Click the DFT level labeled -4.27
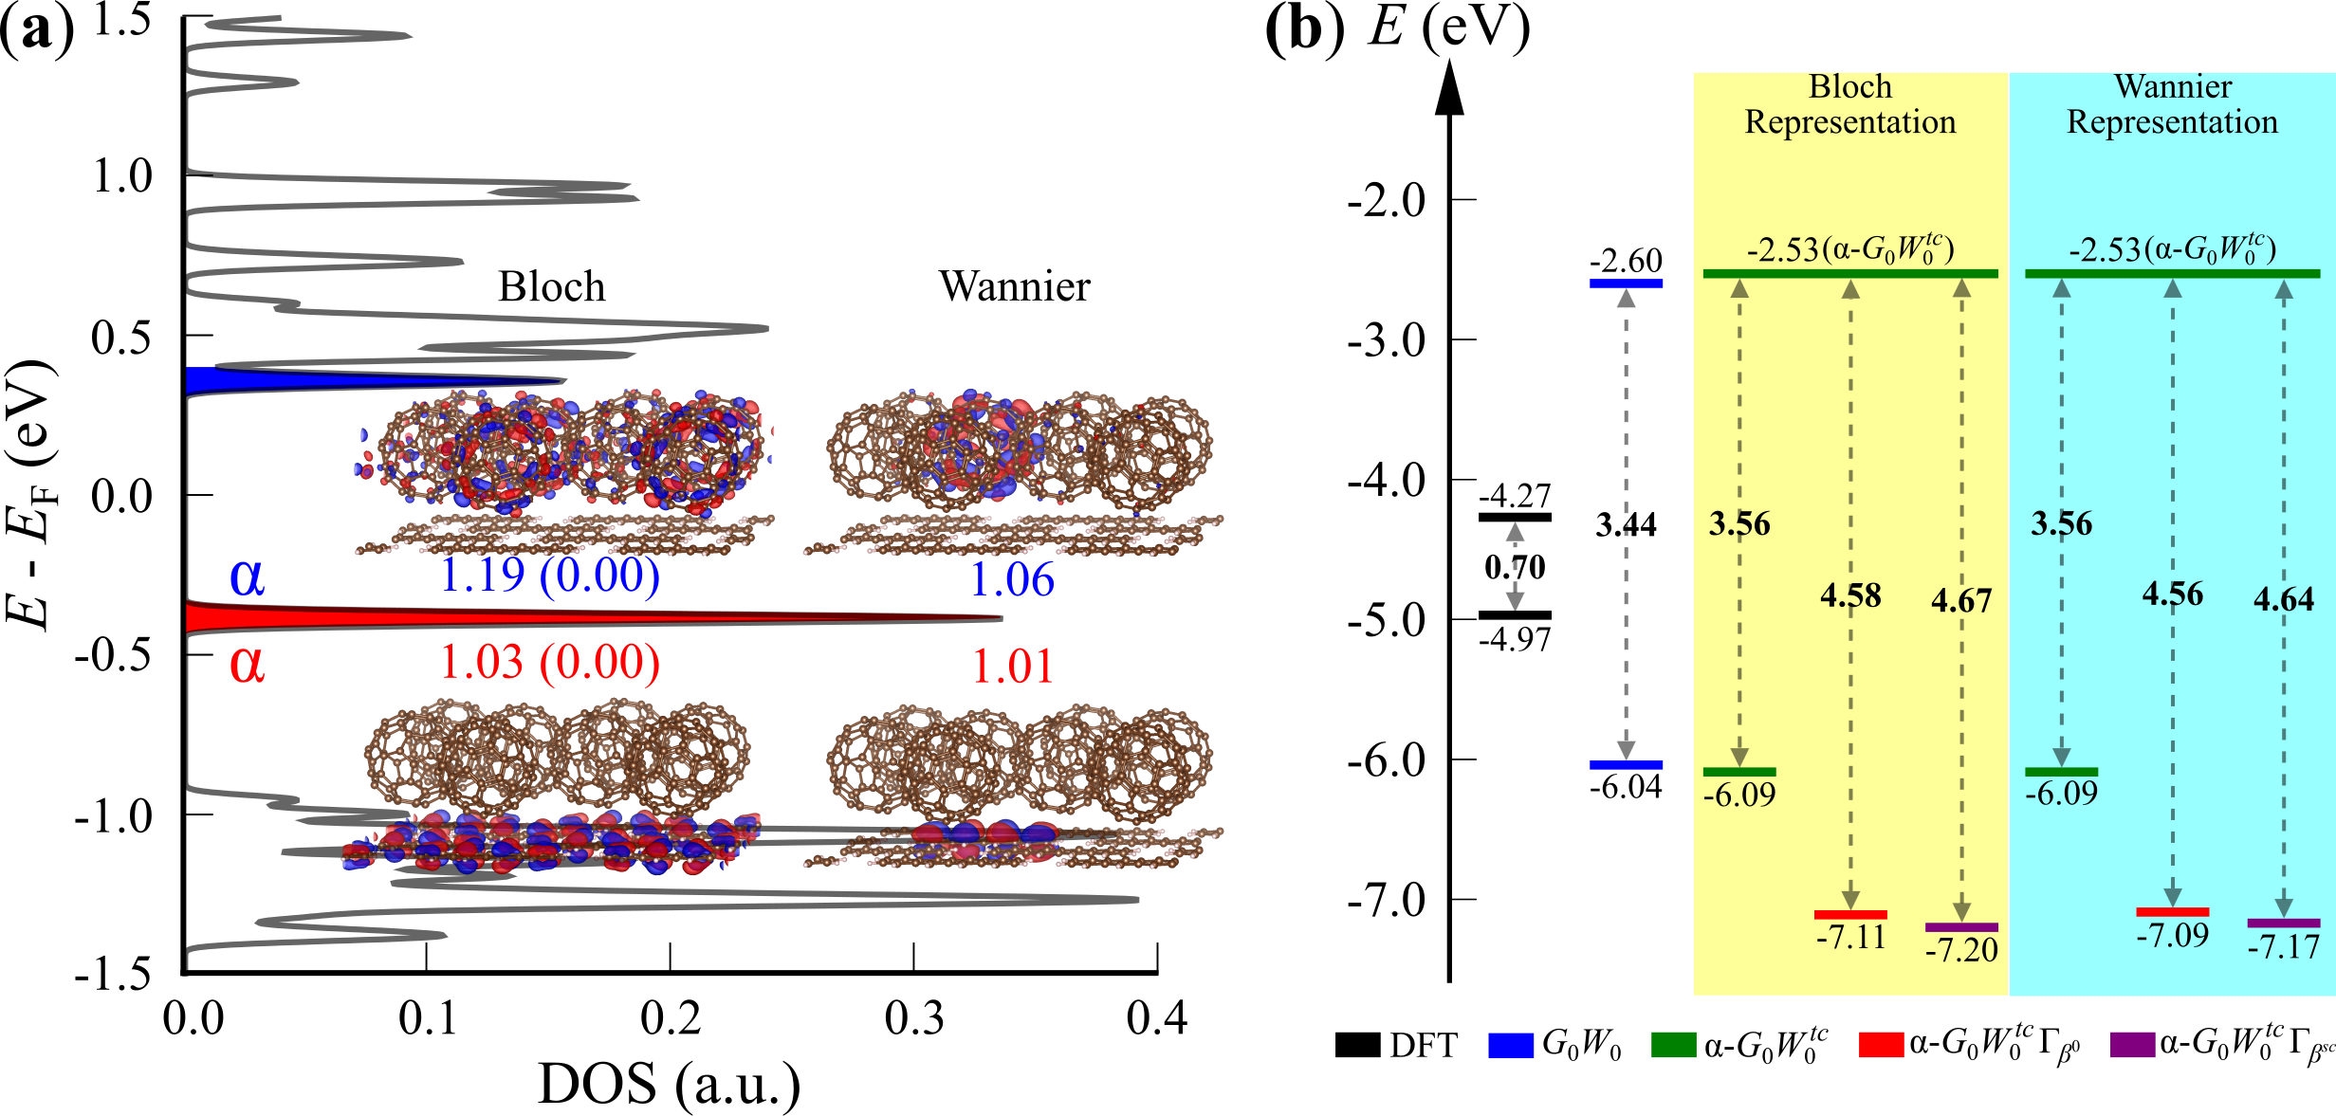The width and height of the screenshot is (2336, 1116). click(1515, 517)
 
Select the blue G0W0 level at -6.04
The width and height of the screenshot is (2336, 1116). click(1626, 764)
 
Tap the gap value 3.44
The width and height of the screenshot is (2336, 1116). click(1626, 524)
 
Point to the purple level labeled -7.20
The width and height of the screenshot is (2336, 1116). click(1960, 927)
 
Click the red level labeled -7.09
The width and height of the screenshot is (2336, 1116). click(2172, 912)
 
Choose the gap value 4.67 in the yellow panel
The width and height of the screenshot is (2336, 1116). click(1960, 600)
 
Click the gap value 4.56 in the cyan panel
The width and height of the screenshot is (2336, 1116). click(2172, 595)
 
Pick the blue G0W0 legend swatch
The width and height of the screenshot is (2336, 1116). click(1511, 1045)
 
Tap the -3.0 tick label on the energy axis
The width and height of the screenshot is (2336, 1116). click(1386, 340)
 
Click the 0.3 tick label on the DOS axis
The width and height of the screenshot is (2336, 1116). click(913, 1018)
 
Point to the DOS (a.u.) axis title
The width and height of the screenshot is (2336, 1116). click(669, 1084)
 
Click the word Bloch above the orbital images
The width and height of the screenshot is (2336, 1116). click(551, 286)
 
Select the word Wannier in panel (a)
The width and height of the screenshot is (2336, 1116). click(1014, 286)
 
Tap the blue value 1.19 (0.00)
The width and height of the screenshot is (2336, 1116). click(549, 576)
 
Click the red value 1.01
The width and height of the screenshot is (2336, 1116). click(1012, 667)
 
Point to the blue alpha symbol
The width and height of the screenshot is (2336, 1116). click(247, 576)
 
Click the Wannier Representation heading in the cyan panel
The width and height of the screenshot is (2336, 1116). click(2172, 104)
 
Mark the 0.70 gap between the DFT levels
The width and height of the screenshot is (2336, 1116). click(1515, 567)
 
